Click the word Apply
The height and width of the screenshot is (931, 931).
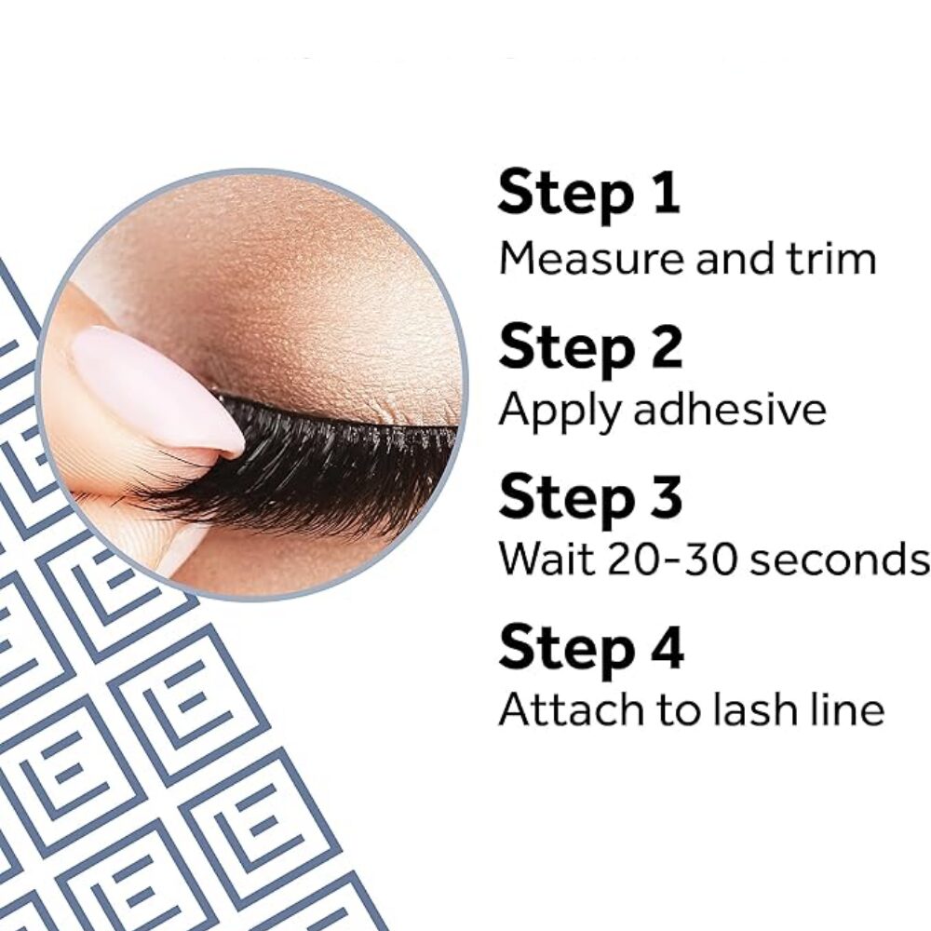[x=560, y=412]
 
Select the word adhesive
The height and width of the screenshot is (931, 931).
[x=730, y=408]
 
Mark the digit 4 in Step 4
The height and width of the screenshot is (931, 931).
[x=666, y=646]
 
